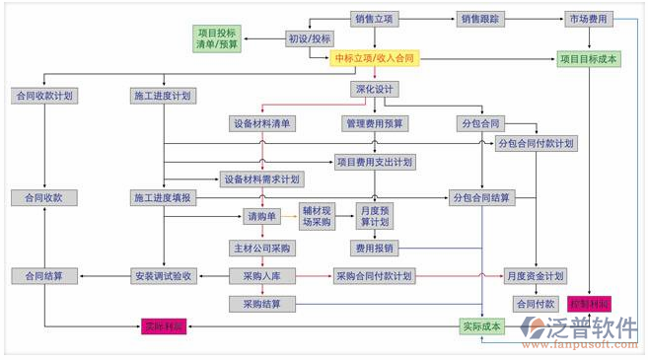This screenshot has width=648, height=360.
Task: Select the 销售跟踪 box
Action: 481,18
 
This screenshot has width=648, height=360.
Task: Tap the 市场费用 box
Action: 588,18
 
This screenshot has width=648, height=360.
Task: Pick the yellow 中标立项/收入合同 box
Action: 374,59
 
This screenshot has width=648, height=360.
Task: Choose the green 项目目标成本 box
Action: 588,59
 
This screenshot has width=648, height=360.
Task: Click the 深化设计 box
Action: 375,90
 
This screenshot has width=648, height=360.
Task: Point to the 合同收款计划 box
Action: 44,96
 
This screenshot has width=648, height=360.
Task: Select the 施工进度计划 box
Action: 163,96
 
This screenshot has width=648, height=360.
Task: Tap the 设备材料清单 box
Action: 262,123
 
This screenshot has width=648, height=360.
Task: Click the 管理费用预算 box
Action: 375,123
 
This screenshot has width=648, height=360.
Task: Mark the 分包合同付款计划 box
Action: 536,143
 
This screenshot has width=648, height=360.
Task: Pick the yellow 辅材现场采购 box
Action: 319,216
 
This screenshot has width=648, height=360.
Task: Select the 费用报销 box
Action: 375,248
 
